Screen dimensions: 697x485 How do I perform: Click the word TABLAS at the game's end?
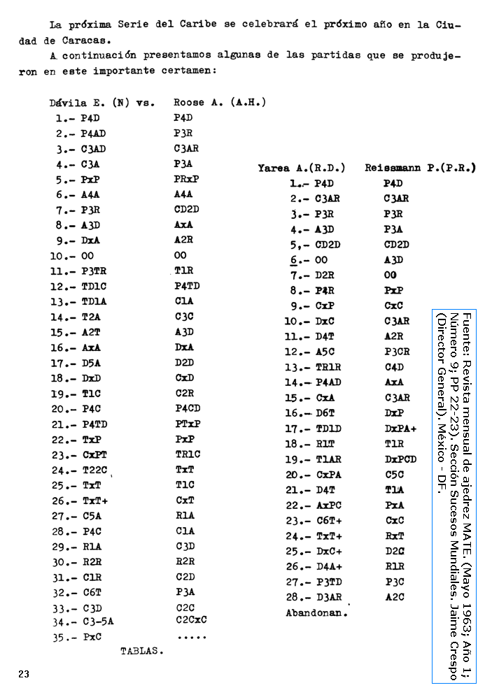click(x=142, y=650)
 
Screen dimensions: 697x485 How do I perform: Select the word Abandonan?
click(x=316, y=612)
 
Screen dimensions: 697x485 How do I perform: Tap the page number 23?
click(x=24, y=674)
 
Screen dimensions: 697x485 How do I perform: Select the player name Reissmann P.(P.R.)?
click(x=419, y=168)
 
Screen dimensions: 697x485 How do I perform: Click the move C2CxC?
click(x=191, y=619)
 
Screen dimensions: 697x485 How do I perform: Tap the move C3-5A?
click(x=97, y=621)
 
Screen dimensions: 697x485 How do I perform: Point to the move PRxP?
click(x=187, y=179)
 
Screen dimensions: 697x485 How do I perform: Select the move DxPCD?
click(x=400, y=459)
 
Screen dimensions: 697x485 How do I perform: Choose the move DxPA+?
click(x=400, y=429)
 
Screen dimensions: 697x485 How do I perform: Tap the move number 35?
click(x=59, y=637)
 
